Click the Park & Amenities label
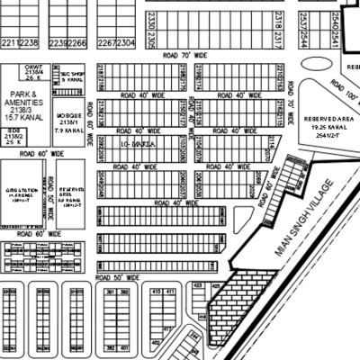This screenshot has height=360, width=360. (x=24, y=100)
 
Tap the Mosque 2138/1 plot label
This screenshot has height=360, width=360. (x=68, y=122)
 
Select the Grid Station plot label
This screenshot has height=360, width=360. (x=25, y=197)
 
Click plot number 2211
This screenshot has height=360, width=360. (x=9, y=42)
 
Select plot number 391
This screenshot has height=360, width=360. (x=111, y=293)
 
